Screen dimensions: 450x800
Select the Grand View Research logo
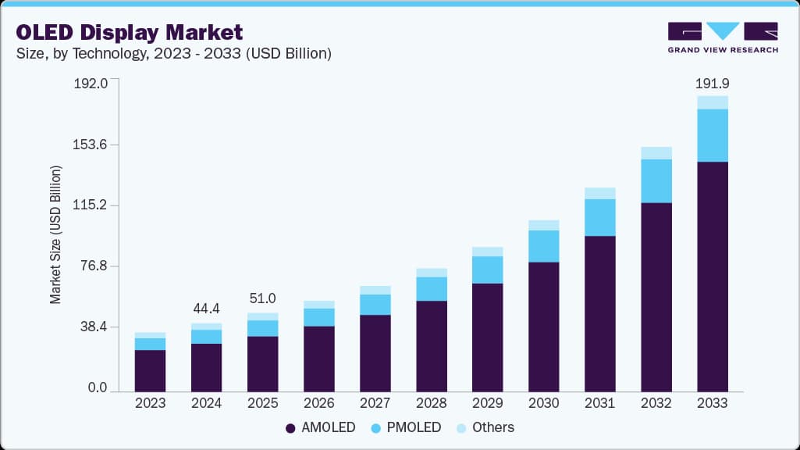(722, 37)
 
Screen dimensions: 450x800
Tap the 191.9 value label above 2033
(712, 83)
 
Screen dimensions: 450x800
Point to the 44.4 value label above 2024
(206, 309)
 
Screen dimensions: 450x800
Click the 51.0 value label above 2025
(262, 298)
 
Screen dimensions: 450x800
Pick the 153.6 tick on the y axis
(92, 145)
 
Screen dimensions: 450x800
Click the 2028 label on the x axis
(431, 403)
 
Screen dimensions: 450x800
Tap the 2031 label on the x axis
(599, 403)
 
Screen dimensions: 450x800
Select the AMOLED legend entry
(321, 427)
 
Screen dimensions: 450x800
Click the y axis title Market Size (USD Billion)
(55, 234)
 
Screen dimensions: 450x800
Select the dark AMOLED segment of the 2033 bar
(712, 277)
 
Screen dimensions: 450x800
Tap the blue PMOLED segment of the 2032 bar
(656, 181)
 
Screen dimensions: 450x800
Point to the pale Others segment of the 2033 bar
(712, 102)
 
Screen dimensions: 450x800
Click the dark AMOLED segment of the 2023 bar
(150, 371)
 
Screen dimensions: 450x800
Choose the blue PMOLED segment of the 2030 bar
(543, 246)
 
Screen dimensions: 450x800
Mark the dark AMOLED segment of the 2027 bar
(375, 353)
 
